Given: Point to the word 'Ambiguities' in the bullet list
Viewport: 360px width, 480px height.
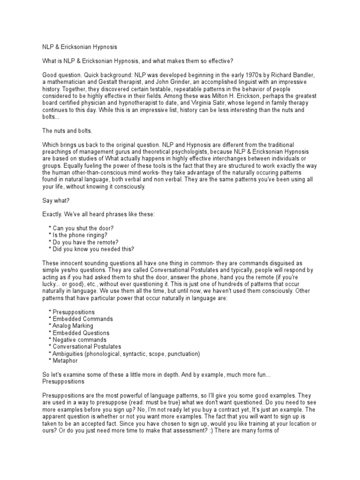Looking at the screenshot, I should point(68,354).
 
